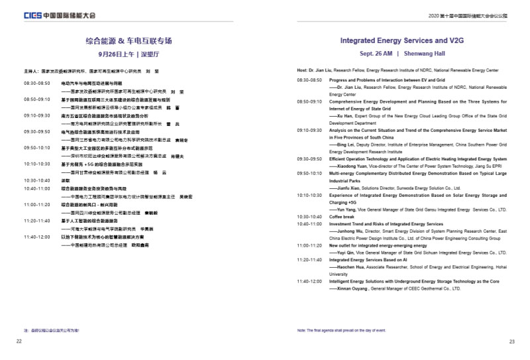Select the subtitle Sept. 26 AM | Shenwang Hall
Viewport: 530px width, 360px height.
point(402,53)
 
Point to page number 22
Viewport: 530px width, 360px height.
point(19,341)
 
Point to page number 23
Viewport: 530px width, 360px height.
point(511,341)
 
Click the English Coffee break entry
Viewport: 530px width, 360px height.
point(343,216)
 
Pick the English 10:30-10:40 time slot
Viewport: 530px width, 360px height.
point(309,216)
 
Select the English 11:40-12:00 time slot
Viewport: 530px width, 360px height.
point(309,281)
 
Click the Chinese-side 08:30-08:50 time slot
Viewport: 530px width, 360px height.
point(36,84)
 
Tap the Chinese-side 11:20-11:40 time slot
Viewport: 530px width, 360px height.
point(36,221)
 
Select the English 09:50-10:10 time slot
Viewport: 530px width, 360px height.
point(309,173)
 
